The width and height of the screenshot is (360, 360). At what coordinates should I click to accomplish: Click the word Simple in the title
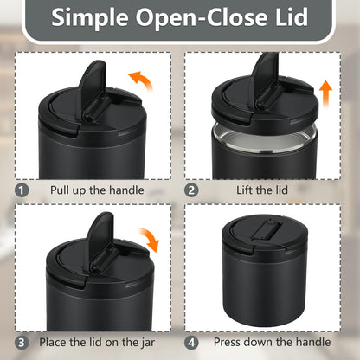click(x=90, y=18)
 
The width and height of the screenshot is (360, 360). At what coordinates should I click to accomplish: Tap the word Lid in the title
click(x=292, y=16)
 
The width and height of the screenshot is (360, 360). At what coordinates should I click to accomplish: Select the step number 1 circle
click(x=22, y=190)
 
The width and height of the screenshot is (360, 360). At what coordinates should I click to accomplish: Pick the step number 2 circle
click(x=191, y=190)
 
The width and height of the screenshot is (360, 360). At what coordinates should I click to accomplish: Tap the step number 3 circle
click(x=22, y=343)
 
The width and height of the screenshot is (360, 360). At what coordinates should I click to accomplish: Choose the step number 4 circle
click(x=191, y=343)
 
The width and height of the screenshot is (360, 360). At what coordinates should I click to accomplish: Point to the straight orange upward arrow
click(x=325, y=93)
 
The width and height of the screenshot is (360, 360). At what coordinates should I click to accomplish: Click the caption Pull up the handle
click(x=97, y=190)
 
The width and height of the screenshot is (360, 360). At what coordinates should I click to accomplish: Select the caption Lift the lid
click(x=262, y=190)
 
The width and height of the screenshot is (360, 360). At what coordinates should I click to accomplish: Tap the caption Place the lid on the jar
click(x=97, y=343)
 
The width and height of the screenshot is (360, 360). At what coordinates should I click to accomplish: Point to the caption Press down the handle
click(x=272, y=342)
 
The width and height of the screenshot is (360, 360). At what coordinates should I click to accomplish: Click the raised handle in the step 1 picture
click(x=93, y=89)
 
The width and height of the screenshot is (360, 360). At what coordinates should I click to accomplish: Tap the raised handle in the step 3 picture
click(x=100, y=241)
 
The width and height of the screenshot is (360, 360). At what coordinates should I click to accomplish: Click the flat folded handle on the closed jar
click(x=265, y=229)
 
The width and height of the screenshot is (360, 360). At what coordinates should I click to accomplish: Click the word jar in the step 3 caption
click(x=148, y=344)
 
